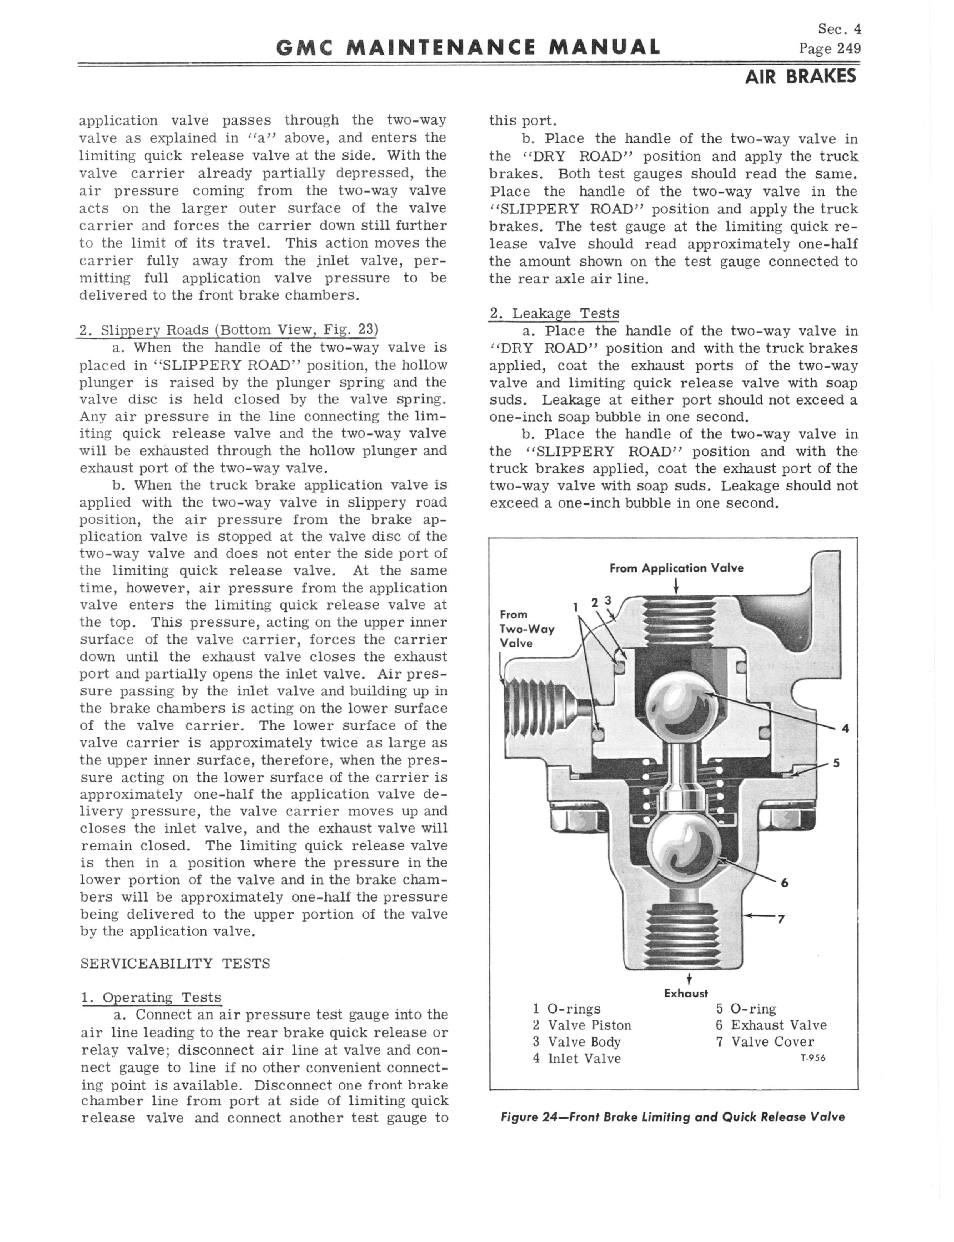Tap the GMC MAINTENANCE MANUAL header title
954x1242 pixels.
[x=468, y=47]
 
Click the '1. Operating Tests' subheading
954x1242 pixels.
[x=151, y=997]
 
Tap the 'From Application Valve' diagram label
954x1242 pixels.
[x=676, y=568]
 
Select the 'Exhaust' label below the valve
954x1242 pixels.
[x=686, y=994]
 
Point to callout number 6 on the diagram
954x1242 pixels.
[x=785, y=883]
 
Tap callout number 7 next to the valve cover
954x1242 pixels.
[x=781, y=919]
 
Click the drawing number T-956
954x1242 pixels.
[x=812, y=1057]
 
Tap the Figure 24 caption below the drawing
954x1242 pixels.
[x=672, y=1117]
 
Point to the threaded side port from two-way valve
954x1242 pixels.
[x=531, y=710]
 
